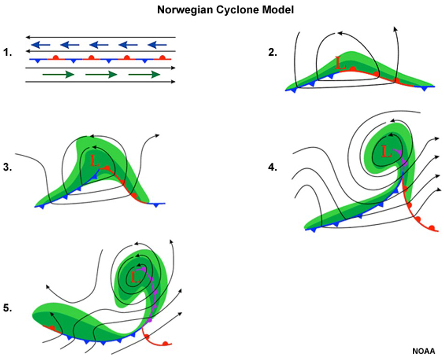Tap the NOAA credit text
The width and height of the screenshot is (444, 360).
pyautogui.click(x=423, y=351)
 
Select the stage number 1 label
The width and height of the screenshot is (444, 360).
pyautogui.click(x=7, y=53)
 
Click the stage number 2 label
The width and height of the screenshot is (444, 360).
pyautogui.click(x=272, y=53)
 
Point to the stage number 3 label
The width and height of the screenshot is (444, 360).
pyautogui.click(x=7, y=167)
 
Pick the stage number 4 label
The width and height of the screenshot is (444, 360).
pyautogui.click(x=272, y=167)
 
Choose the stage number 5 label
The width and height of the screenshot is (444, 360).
pyautogui.click(x=7, y=308)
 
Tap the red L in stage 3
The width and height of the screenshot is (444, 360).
pyautogui.click(x=95, y=161)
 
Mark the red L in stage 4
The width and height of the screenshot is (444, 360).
pyautogui.click(x=387, y=152)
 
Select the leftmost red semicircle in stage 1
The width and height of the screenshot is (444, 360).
pyautogui.click(x=55, y=57)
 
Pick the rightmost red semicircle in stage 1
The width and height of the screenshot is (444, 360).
pyautogui.click(x=162, y=57)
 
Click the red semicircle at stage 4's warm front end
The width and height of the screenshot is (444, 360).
pyautogui.click(x=432, y=228)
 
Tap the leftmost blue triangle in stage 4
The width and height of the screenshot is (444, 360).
pyautogui.click(x=312, y=229)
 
